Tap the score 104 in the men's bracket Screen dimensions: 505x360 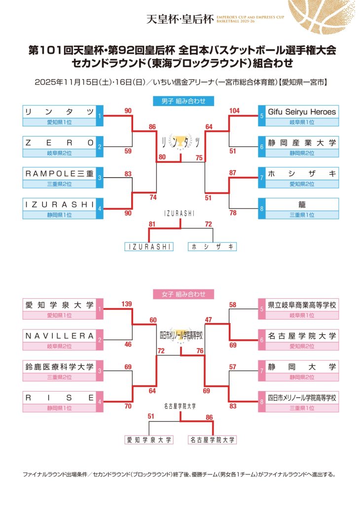pyautogui.click(x=234, y=111)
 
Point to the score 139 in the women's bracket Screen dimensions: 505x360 pyautogui.click(x=127, y=304)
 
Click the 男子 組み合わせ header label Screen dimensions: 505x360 pyautogui.click(x=183, y=101)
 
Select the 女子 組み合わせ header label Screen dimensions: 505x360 pyautogui.click(x=183, y=294)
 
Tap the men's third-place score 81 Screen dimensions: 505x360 pyautogui.click(x=152, y=224)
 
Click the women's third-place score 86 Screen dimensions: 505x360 pyautogui.click(x=209, y=417)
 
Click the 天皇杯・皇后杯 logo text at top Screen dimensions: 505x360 pyautogui.click(x=180, y=19)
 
